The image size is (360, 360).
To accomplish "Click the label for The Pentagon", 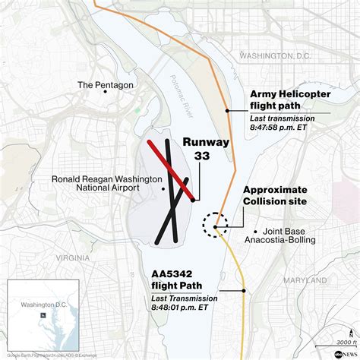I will point(106,85).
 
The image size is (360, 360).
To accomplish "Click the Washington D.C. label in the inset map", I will point(43,305).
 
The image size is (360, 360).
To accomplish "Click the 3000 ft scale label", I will point(343,343).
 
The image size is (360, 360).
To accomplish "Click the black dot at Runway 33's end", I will point(194,200).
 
